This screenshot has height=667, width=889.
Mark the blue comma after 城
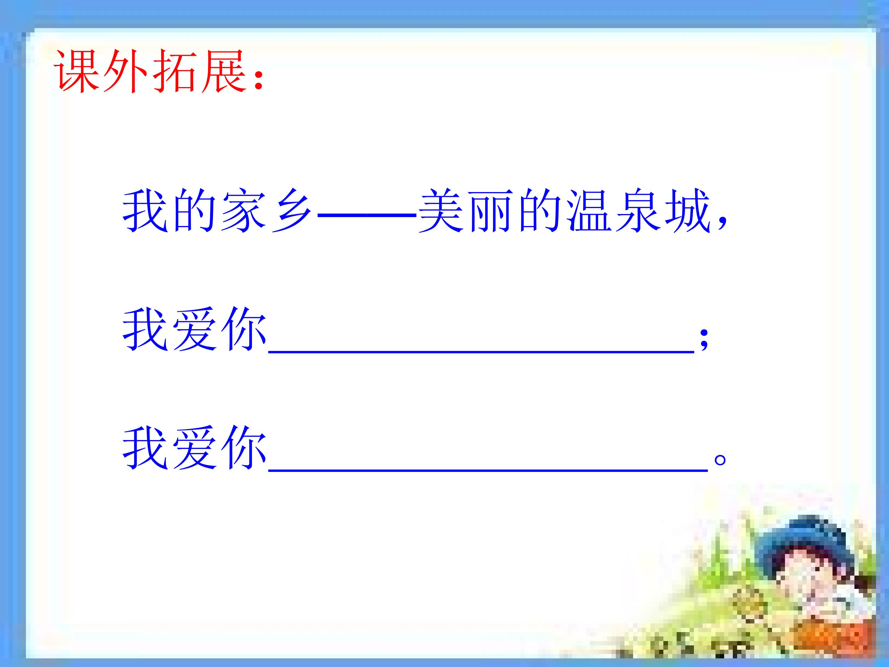(722, 223)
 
